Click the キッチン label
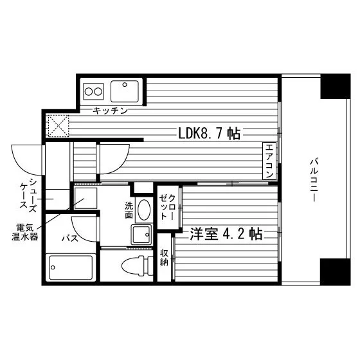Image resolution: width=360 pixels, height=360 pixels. click(110, 111)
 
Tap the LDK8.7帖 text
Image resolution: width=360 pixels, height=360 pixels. click(210, 134)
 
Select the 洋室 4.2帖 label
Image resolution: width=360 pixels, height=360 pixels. click(226, 234)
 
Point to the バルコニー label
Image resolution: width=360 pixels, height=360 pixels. click(314, 180)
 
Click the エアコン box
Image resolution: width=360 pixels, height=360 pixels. click(269, 161)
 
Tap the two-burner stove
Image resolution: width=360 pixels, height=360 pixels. click(94, 91)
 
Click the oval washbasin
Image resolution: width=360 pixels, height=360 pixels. click(143, 210)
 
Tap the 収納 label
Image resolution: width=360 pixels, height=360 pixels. click(165, 258)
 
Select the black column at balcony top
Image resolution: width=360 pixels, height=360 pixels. click(333, 87)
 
